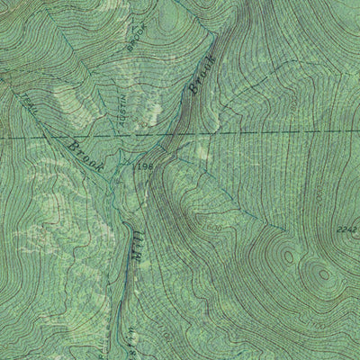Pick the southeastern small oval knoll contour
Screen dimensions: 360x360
coord(320,274)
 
